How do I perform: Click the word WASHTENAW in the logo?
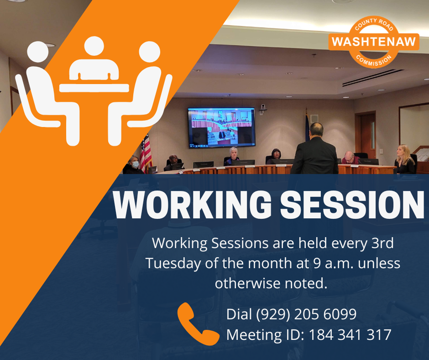[x=374, y=42]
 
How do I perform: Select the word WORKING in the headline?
[x=192, y=204]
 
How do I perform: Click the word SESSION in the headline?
[x=352, y=204]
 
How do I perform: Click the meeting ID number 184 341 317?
[x=350, y=334]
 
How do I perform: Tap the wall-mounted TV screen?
[x=221, y=127]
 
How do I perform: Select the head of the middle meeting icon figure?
[x=94, y=46]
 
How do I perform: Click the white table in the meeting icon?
[x=94, y=88]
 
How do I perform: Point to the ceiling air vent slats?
[x=373, y=78]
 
